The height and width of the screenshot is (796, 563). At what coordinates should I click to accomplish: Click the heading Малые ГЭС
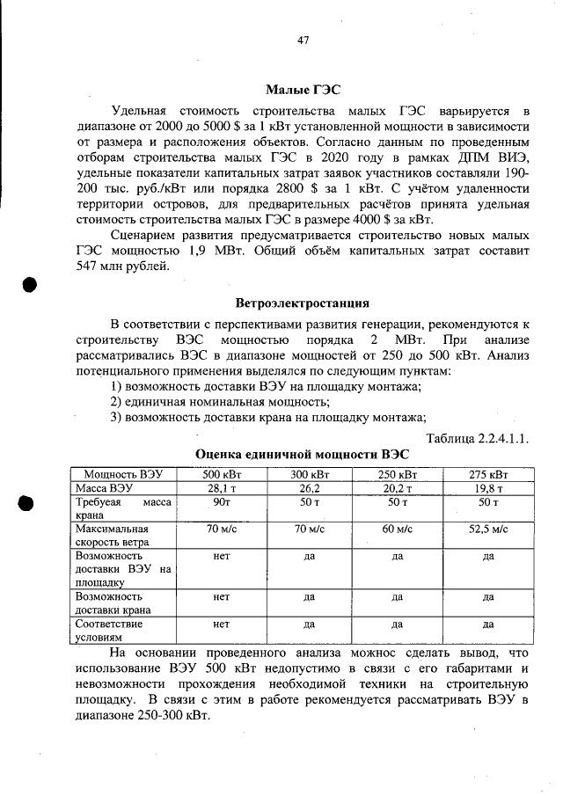302,90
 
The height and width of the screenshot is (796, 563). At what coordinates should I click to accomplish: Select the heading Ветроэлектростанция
302,303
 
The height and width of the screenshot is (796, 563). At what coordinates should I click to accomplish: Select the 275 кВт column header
487,474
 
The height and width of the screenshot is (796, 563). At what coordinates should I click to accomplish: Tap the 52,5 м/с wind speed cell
487,529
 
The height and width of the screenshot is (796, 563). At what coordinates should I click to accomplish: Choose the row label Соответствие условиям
109,630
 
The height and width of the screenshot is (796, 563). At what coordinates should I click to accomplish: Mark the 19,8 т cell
487,487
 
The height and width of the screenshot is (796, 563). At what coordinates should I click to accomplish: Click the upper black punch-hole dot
29,286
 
